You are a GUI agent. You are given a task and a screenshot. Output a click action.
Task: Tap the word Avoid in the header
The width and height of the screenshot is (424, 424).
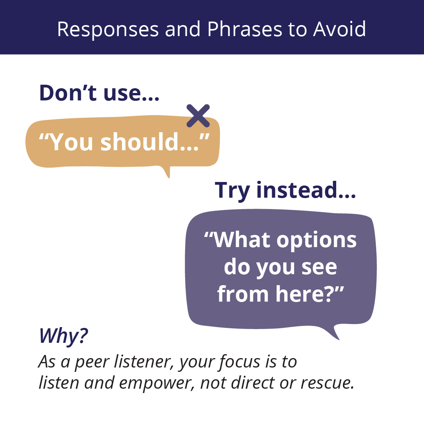(339, 29)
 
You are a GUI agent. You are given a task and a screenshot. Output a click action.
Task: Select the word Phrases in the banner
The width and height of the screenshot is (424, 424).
(245, 29)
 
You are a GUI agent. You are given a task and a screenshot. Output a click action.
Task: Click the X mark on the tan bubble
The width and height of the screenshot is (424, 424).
(198, 115)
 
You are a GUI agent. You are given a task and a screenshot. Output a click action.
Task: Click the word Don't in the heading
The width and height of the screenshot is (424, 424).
(68, 93)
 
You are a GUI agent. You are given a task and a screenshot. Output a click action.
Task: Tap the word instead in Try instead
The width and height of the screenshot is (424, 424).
(306, 190)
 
